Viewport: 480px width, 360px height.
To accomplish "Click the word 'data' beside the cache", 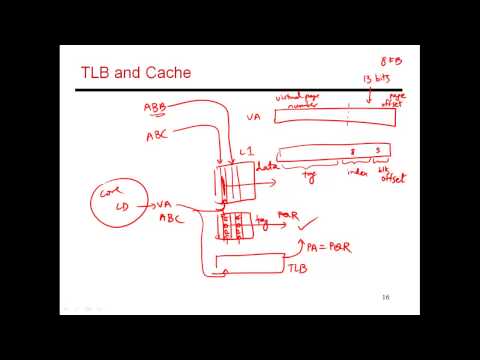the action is pos(265,167).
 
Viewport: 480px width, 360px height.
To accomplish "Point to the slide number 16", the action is pos(385,298).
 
